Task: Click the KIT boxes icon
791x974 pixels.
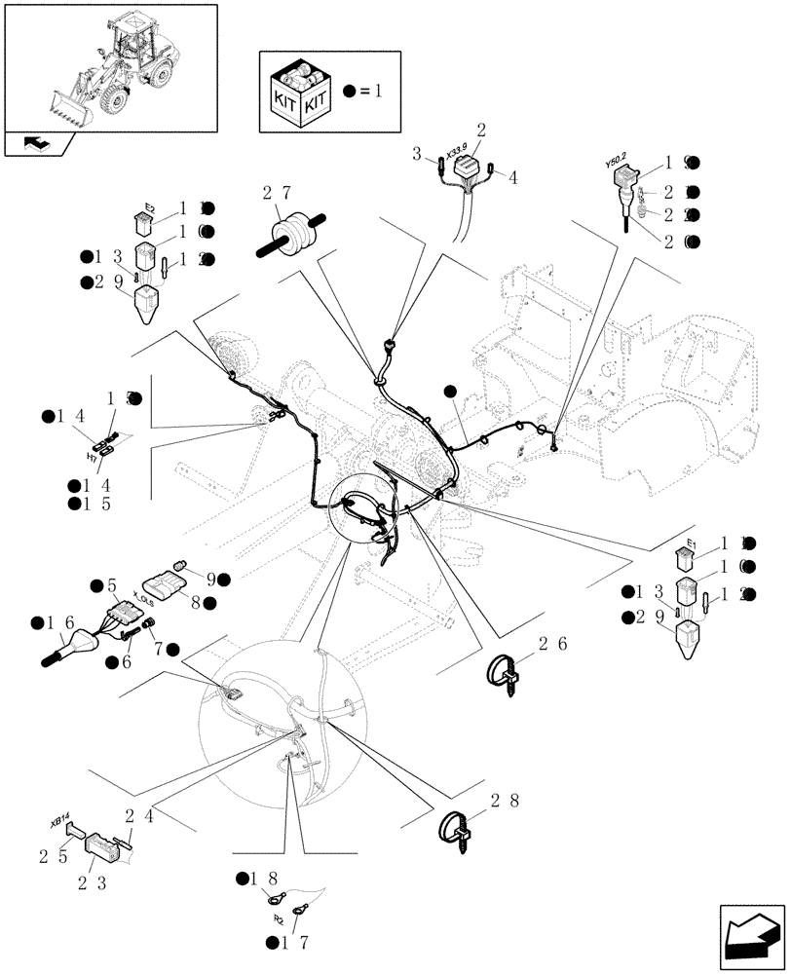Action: coord(299,93)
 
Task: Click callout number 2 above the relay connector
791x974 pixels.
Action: coord(480,130)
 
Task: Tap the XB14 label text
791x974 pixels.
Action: coord(56,821)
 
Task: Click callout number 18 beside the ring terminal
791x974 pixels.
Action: coord(269,880)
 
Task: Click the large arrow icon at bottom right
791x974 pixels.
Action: coord(750,934)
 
